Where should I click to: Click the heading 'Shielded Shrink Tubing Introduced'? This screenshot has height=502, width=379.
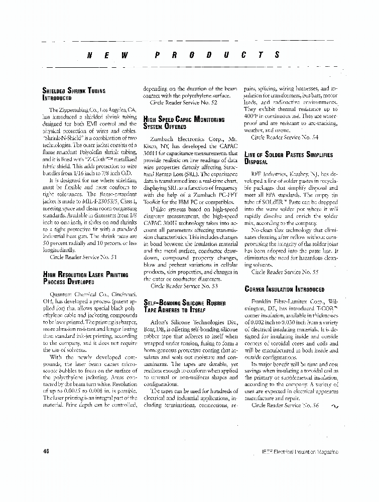(x=74, y=94)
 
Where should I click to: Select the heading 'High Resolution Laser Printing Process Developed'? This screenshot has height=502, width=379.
(x=85, y=278)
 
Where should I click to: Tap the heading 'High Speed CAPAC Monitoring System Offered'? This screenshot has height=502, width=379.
(x=184, y=123)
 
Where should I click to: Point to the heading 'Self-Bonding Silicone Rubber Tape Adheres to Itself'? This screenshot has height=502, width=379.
(x=184, y=307)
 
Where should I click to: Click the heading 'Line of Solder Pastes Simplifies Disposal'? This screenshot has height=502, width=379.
(x=288, y=158)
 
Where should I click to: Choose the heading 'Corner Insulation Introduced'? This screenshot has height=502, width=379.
(x=284, y=290)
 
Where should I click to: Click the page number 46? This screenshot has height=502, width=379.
(x=46, y=452)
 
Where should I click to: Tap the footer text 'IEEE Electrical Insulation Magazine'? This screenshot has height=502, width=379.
(x=300, y=452)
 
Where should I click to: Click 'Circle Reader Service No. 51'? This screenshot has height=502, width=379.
(x=83, y=257)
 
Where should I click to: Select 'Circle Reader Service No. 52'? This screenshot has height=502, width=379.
(x=184, y=102)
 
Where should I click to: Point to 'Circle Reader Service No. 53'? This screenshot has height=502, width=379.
(x=184, y=286)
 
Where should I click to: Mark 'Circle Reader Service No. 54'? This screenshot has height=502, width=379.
(x=284, y=137)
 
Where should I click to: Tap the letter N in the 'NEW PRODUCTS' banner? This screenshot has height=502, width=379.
(x=90, y=55)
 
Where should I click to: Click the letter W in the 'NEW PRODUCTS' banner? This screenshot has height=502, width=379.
(x=124, y=55)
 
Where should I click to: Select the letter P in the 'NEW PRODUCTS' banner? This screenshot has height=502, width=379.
(x=157, y=55)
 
